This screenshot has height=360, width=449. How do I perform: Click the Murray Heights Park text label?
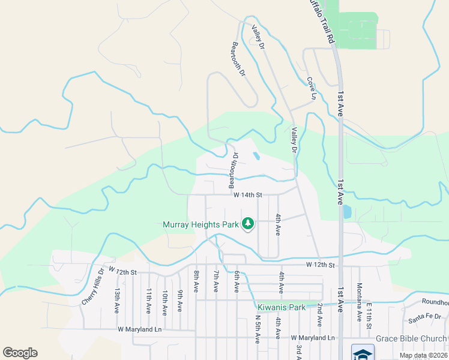[x=201, y=225]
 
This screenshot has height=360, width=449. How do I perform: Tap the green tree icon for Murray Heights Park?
[x=247, y=224]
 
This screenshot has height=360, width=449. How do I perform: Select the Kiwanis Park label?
[x=282, y=307]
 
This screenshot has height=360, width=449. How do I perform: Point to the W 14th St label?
[x=248, y=195]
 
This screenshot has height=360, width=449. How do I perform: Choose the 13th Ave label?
[x=117, y=301]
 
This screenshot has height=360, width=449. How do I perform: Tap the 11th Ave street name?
[x=148, y=301]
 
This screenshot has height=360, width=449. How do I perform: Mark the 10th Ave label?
[x=164, y=302]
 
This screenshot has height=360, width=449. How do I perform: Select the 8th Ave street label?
[x=196, y=281]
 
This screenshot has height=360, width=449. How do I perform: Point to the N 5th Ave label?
[x=257, y=329]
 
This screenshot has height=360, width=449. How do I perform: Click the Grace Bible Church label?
[x=412, y=338]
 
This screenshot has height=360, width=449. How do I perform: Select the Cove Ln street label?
[x=311, y=88]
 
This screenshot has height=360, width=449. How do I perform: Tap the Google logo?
[x=20, y=352]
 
